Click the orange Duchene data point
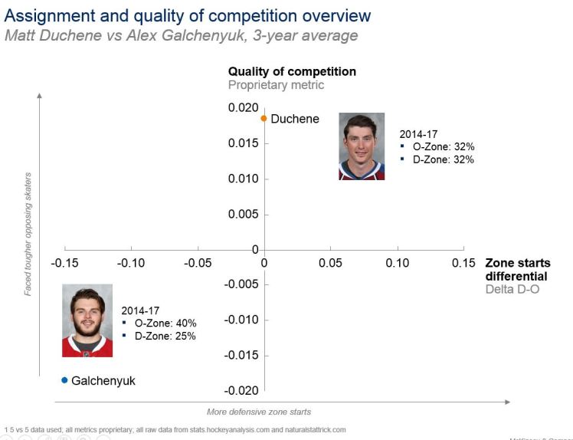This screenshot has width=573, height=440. point(264,119)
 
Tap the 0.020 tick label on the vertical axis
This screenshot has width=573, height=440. point(243,108)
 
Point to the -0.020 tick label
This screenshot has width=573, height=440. point(241,391)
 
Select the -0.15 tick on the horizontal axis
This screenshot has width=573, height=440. point(64,263)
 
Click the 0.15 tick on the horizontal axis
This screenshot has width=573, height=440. point(463,263)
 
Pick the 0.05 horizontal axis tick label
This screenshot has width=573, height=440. point(330,263)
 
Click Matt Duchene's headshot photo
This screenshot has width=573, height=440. point(362,146)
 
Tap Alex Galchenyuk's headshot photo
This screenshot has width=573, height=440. point(87,320)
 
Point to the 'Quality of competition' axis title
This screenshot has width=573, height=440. point(292,71)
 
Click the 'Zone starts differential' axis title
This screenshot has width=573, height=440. point(517,269)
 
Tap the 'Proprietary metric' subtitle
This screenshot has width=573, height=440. point(276,85)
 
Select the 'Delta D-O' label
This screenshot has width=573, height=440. point(512,289)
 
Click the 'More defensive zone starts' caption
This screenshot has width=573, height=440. point(259,412)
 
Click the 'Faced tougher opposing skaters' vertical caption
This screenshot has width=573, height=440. point(28,233)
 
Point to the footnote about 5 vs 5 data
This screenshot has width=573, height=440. point(175,429)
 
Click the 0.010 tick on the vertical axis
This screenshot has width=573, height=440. point(243,179)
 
